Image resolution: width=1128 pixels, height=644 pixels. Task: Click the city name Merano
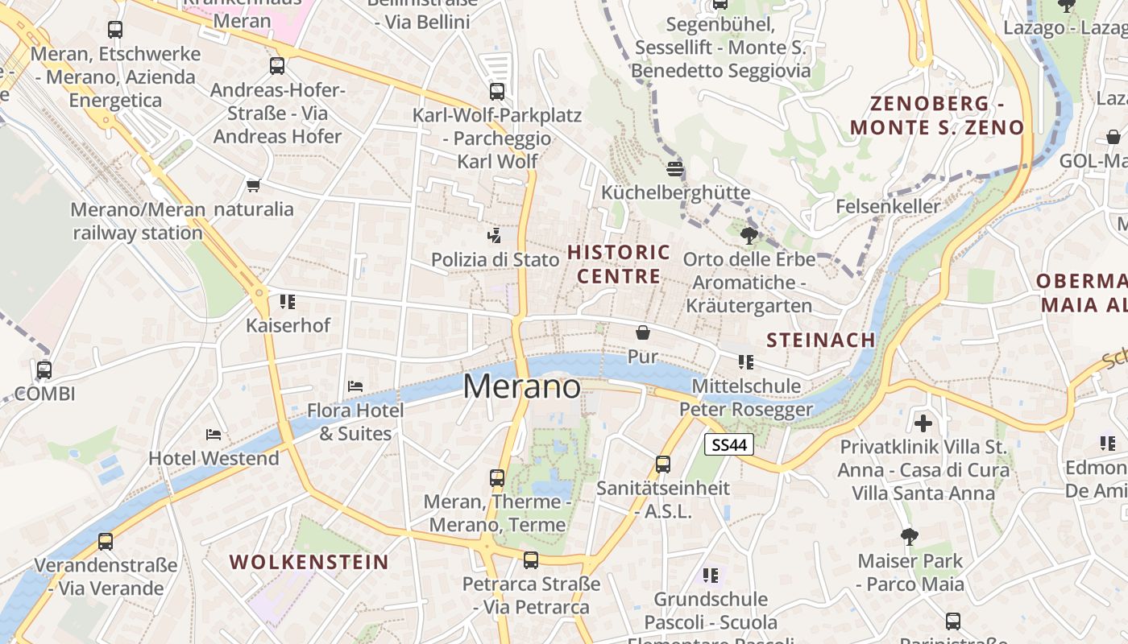(521, 387)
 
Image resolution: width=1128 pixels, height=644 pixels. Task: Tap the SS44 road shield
(728, 444)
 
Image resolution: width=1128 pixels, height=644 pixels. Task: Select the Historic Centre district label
(619, 264)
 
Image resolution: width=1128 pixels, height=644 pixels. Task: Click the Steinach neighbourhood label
(820, 340)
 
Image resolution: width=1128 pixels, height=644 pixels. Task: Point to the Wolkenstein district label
(309, 562)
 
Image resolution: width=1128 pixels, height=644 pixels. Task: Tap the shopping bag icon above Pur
(643, 332)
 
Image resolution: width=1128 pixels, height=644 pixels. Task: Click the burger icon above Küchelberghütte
(675, 169)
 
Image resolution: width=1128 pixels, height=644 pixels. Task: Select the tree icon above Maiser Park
(910, 536)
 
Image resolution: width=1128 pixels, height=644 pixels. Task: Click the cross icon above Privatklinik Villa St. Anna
(923, 423)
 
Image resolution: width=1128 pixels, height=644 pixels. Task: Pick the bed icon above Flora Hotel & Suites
(355, 386)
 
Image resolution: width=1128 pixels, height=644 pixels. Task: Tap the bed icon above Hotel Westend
(214, 435)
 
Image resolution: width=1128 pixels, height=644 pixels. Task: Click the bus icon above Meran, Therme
(497, 477)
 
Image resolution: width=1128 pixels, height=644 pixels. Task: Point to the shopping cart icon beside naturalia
(254, 186)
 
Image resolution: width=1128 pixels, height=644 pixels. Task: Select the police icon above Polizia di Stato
(495, 236)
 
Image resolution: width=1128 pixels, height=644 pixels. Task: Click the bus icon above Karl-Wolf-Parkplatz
(497, 92)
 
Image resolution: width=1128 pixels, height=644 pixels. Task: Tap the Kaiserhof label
(288, 326)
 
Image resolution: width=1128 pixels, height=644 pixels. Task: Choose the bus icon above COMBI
(44, 370)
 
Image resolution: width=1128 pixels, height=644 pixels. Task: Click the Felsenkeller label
(888, 206)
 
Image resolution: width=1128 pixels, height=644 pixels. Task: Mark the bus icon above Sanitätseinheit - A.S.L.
(663, 464)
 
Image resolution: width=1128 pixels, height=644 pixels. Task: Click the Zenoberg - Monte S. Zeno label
(937, 115)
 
